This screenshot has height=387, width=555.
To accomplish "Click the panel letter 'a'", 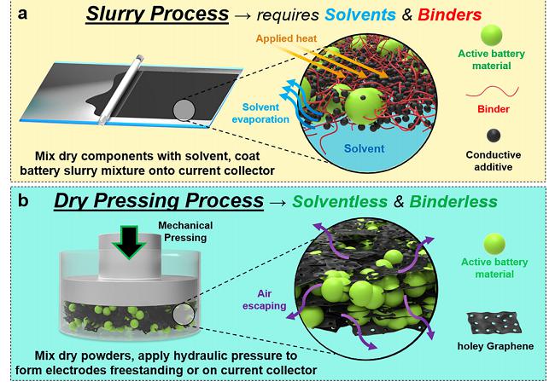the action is [x=22, y=14].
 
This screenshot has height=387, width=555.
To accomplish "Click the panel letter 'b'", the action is [x=23, y=200].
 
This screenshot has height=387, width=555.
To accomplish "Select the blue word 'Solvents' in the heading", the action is [x=360, y=14].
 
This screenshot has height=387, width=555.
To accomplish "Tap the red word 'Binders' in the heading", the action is [x=449, y=14].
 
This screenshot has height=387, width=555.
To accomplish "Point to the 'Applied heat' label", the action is [x=286, y=38].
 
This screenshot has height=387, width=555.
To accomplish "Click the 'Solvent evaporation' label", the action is [x=260, y=113].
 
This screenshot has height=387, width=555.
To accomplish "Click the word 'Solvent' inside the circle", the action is [x=365, y=148].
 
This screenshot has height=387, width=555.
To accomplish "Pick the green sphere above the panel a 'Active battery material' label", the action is [x=491, y=35].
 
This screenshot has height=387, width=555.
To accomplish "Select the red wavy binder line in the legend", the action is [x=492, y=92].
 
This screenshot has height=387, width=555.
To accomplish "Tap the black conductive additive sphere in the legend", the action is [x=494, y=136].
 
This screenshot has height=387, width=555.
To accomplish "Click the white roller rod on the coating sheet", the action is [x=120, y=90].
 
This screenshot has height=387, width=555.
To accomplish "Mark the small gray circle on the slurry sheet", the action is [x=184, y=110].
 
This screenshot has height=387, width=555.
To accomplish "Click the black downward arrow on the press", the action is [x=129, y=242].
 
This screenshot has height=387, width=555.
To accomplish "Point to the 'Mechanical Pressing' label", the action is [x=185, y=232].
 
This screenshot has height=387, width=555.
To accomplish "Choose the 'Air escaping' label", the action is [x=264, y=300].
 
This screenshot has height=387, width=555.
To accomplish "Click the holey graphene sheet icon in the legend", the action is [x=494, y=323].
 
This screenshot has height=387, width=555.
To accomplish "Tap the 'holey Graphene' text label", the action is [x=495, y=346].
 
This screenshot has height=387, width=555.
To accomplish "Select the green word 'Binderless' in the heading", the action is [x=453, y=201].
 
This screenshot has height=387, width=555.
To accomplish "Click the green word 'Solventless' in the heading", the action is [x=340, y=201].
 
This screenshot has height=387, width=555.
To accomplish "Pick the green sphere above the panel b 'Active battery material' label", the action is [x=494, y=244].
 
